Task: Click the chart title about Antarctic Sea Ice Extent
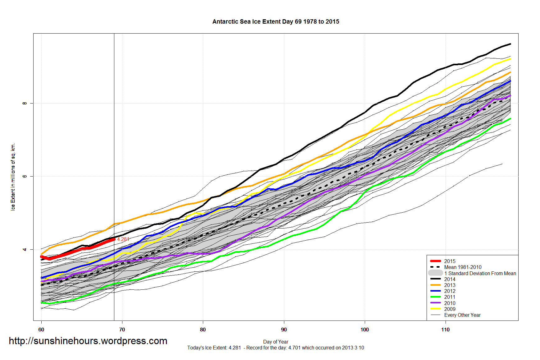pos(276,22)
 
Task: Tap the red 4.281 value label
pos(123,239)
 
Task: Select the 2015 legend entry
pos(450,261)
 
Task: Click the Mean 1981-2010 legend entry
pos(463,267)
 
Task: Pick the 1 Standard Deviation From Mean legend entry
pos(480,273)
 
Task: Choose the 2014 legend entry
pos(450,279)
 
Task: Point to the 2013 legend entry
pos(450,285)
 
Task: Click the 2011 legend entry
pos(450,297)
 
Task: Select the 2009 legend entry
pos(450,309)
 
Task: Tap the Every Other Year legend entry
pos(462,315)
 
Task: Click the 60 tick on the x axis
pos(41,330)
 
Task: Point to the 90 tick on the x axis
pos(284,330)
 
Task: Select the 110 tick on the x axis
pos(445,330)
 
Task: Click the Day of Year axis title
pos(276,342)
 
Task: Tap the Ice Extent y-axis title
pos(13,177)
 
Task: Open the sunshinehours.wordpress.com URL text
pos(88,341)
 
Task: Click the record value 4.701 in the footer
pos(294,348)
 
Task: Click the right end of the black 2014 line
pos(510,44)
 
